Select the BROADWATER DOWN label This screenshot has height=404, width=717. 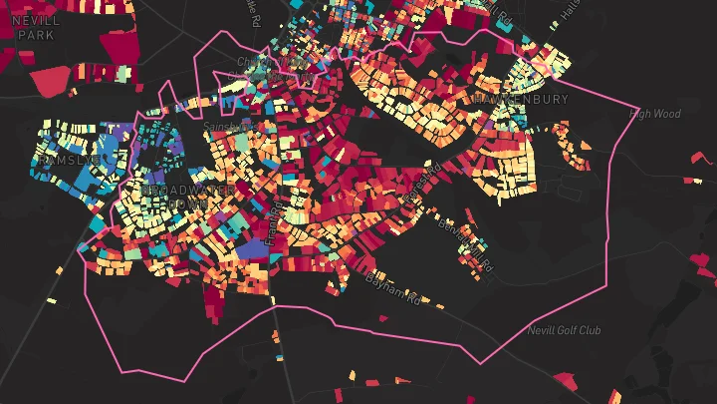click(x=175, y=196)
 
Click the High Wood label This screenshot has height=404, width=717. click(x=655, y=114)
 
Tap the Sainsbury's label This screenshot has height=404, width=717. click(x=225, y=127)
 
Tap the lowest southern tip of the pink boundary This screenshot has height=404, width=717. click(x=125, y=372)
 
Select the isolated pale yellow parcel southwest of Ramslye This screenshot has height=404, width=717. click(x=51, y=300)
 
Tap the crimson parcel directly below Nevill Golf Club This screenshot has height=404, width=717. click(x=565, y=381)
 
